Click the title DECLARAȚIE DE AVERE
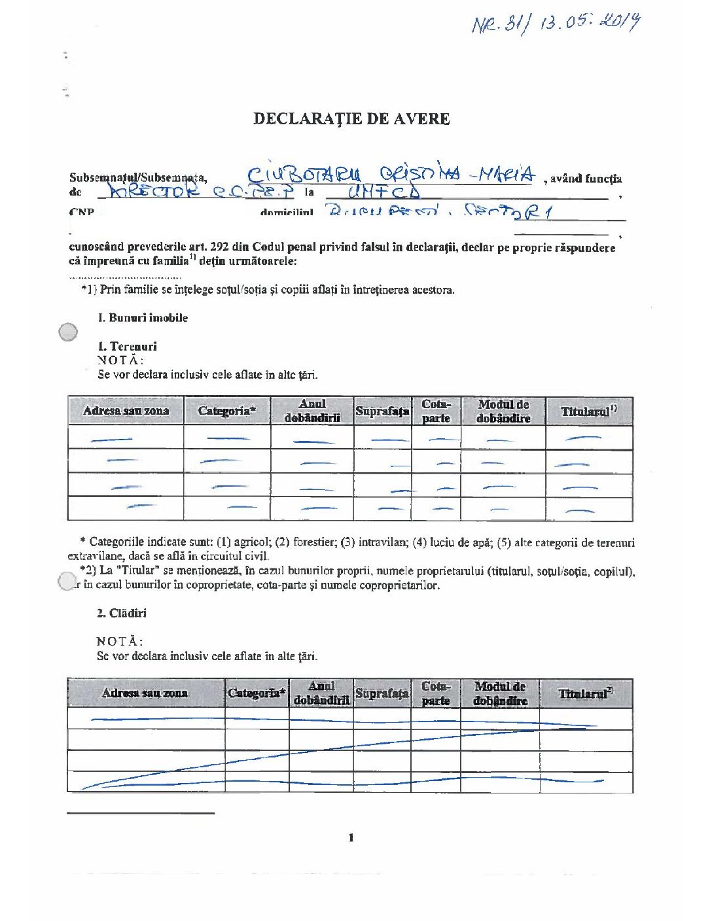tap(351, 119)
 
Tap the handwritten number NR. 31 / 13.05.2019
tap(556, 25)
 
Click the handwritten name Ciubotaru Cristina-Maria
tap(391, 175)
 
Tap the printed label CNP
tap(81, 213)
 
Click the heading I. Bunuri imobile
tap(143, 318)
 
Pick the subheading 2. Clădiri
tap(121, 613)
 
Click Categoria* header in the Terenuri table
tap(226, 411)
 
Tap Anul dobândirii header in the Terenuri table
tap(312, 411)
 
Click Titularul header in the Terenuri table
tap(588, 411)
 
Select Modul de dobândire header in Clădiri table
tap(500, 693)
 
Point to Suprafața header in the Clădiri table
tap(382, 693)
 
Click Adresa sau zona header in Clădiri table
tap(145, 693)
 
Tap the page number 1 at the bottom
tap(351, 837)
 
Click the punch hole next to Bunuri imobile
tap(68, 332)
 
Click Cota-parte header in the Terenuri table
tap(436, 411)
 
